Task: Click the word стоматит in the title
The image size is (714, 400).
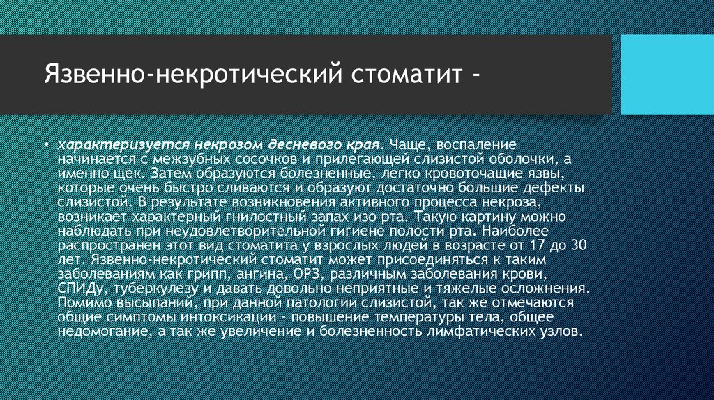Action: (407, 74)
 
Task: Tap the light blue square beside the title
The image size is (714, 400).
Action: (667, 75)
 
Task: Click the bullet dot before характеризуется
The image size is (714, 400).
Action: (47, 145)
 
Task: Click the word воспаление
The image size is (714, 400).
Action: (476, 145)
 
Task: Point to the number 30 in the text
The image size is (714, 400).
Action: (578, 245)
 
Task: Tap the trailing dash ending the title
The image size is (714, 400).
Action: (476, 75)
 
